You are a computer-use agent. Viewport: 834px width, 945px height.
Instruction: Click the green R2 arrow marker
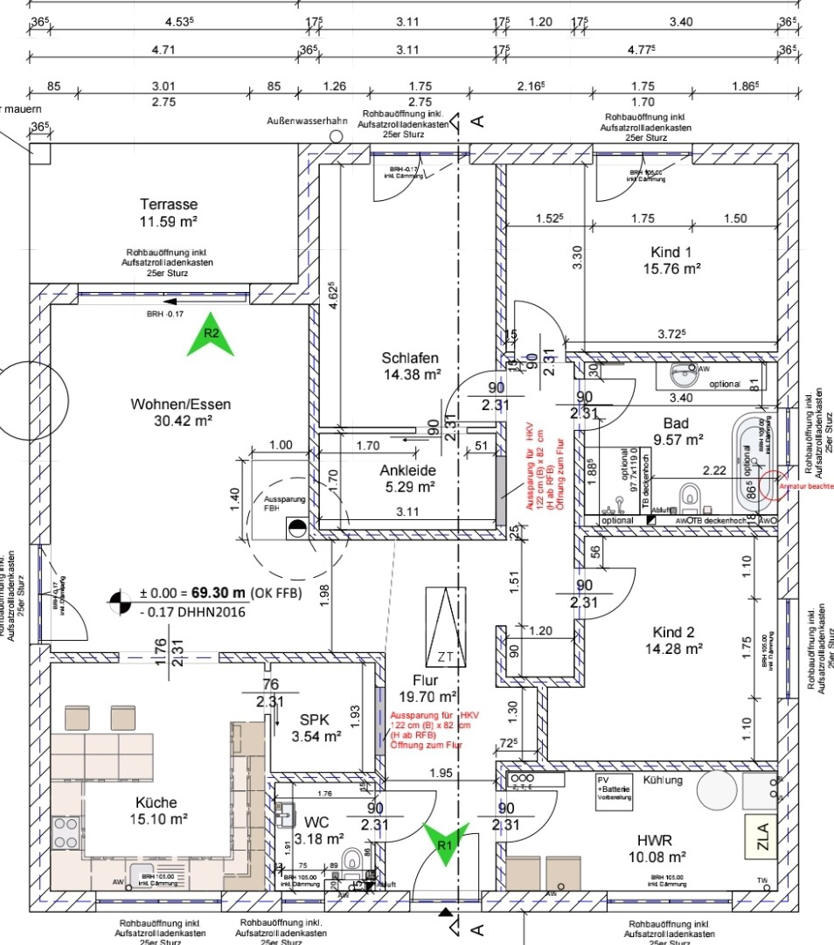pyautogui.click(x=211, y=336)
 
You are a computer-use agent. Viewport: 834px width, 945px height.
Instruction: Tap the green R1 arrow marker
pyautogui.click(x=446, y=844)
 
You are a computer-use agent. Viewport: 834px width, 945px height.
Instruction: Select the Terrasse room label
pyautogui.click(x=169, y=203)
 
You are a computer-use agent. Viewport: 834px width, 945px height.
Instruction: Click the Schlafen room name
pyautogui.click(x=410, y=358)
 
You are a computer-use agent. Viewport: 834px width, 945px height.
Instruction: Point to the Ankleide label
pyautogui.click(x=407, y=469)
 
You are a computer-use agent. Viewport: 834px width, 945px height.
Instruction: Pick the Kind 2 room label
pyautogui.click(x=673, y=631)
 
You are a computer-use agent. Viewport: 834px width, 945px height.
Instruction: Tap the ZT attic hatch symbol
pyautogui.click(x=446, y=626)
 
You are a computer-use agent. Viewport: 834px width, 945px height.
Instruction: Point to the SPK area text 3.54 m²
pyautogui.click(x=316, y=737)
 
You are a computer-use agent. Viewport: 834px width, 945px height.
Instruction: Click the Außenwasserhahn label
pyautogui.click(x=308, y=121)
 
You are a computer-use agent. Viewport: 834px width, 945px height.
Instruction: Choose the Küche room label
pyautogui.click(x=156, y=802)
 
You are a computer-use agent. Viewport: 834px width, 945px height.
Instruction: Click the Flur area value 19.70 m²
pyautogui.click(x=428, y=697)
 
